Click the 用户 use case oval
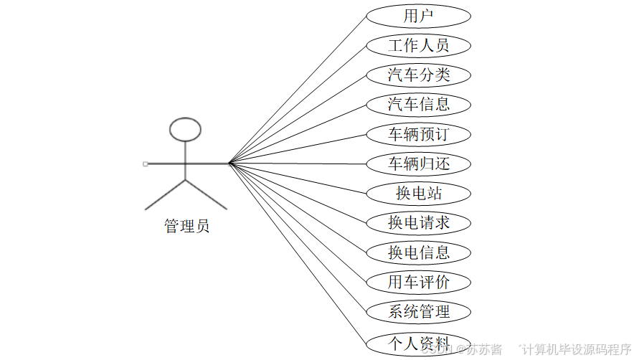(418, 16)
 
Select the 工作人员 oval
(418, 45)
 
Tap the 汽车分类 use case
(418, 75)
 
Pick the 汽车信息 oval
(418, 105)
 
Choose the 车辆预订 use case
(418, 134)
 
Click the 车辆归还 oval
(418, 164)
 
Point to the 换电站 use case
(418, 193)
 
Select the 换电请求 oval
(418, 222)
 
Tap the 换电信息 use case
(418, 252)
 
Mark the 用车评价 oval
(418, 282)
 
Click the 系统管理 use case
(418, 311)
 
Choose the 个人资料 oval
(418, 341)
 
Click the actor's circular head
(185, 129)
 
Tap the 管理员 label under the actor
(186, 227)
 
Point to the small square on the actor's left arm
(146, 164)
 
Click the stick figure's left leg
(166, 194)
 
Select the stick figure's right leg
(206, 194)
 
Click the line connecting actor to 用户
(298, 89)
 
